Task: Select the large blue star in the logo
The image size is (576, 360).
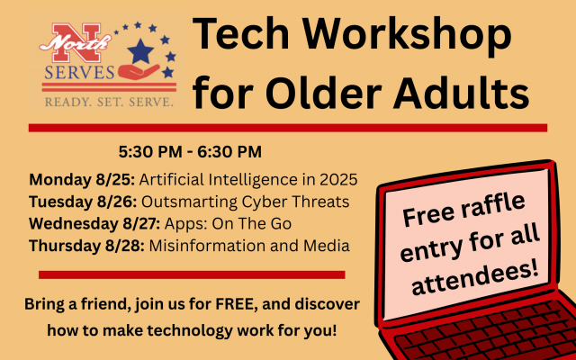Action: click(x=140, y=51)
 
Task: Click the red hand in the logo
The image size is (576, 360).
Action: click(x=139, y=72)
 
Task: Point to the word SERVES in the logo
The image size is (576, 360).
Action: click(x=79, y=72)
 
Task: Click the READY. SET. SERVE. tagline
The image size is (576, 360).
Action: click(x=109, y=102)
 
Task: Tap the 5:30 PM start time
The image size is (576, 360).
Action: click(x=150, y=152)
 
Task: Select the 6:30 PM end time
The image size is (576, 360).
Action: click(x=229, y=152)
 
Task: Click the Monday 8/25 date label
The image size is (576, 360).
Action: click(x=82, y=180)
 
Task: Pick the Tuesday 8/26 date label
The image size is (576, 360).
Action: click(x=84, y=202)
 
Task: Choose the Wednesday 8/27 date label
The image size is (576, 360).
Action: click(x=94, y=224)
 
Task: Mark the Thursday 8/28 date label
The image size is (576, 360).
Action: click(x=87, y=246)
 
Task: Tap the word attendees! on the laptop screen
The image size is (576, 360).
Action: click(x=475, y=276)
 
